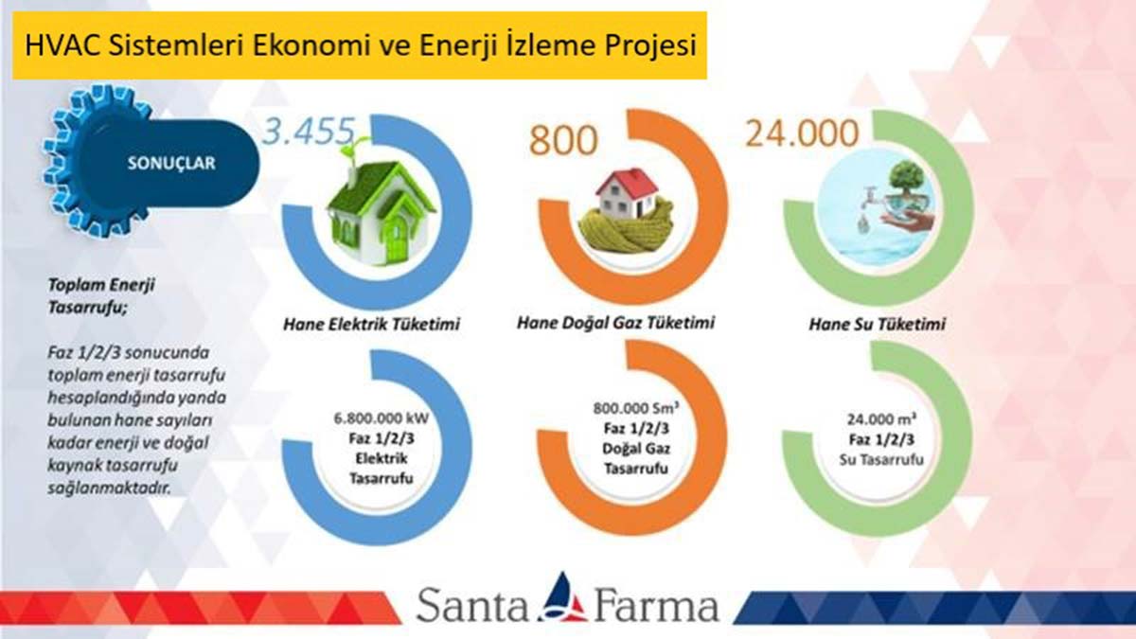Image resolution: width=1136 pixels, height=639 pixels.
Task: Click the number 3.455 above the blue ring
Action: click(x=309, y=132)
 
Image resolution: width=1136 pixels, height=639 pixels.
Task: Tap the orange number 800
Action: click(x=563, y=140)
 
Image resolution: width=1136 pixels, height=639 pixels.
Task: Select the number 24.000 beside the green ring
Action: click(x=802, y=133)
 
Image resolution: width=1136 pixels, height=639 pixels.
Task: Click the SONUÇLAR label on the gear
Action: click(x=171, y=163)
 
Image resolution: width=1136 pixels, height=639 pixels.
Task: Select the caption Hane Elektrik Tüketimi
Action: click(x=371, y=324)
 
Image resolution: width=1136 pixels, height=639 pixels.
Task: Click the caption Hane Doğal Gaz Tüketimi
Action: click(x=615, y=323)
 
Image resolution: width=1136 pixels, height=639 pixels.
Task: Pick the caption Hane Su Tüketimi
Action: click(x=878, y=324)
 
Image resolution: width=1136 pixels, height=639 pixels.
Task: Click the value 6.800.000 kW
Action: click(x=382, y=418)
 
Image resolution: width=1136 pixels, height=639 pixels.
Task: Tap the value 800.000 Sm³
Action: click(x=636, y=408)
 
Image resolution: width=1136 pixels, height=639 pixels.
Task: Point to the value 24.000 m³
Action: click(x=881, y=419)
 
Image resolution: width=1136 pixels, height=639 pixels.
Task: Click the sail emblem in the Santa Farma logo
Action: click(x=563, y=598)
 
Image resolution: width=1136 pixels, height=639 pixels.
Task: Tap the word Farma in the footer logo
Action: click(x=656, y=606)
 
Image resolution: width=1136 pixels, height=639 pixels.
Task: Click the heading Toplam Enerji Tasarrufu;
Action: click(x=101, y=296)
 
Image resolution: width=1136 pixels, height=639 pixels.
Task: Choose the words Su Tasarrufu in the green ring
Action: click(x=881, y=460)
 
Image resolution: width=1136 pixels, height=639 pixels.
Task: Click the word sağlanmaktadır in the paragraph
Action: click(x=108, y=488)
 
